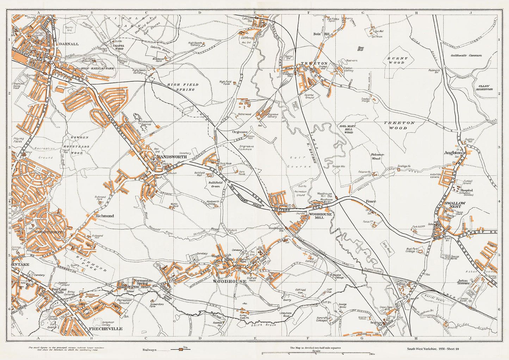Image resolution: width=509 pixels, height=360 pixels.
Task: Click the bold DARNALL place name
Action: pos(69,44)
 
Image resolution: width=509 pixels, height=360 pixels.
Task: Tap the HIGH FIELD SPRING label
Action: pos(183,87)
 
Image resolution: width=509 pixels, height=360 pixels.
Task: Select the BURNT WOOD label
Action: pos(398,60)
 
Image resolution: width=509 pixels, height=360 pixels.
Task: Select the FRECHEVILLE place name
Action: pos(106,329)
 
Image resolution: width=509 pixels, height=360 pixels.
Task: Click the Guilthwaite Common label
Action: pos(466,55)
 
